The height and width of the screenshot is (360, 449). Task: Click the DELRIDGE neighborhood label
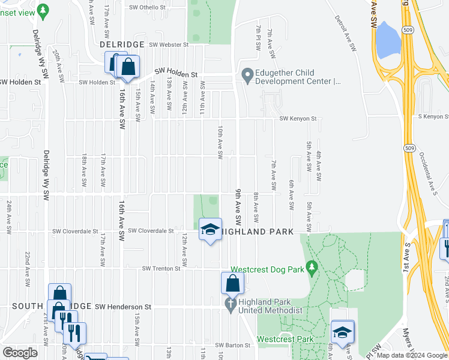[122, 44]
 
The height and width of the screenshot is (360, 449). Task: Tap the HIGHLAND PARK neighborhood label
[259, 232]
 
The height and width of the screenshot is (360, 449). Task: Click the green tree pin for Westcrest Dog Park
[312, 266]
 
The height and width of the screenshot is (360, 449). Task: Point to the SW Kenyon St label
[298, 119]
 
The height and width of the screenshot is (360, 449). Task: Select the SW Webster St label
[169, 44]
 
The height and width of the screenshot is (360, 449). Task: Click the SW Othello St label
[147, 7]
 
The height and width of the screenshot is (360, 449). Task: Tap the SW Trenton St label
[161, 269]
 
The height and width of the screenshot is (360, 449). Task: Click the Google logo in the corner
[20, 353]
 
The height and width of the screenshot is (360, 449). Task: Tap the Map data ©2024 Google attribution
[412, 355]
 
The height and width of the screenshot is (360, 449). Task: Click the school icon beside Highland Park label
[210, 230]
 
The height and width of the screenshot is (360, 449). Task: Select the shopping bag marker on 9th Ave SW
[232, 284]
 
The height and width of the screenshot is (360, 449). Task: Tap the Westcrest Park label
[285, 339]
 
